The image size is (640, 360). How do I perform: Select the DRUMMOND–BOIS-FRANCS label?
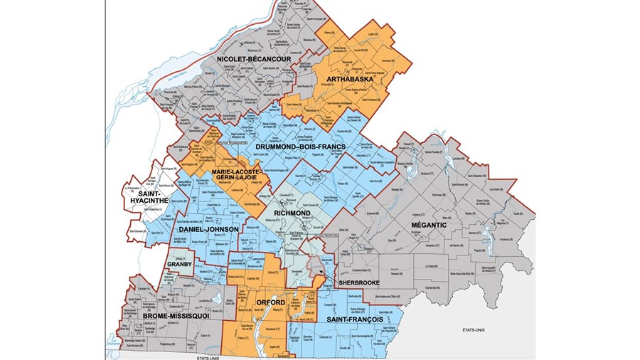(300, 147)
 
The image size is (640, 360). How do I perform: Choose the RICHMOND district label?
(290, 213)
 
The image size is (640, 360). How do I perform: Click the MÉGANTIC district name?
(427, 226)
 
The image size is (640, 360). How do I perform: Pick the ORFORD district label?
(271, 303)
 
